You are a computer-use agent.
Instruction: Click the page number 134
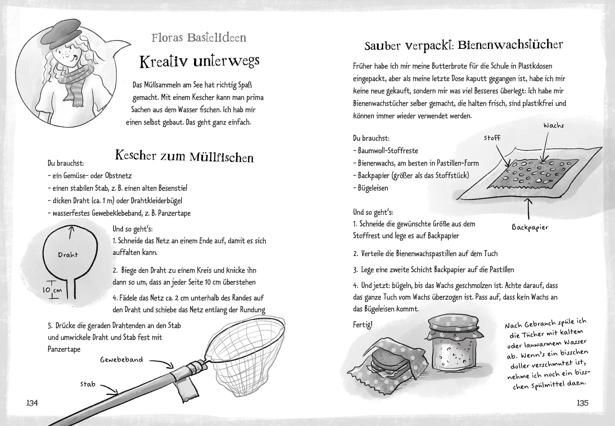(32, 403)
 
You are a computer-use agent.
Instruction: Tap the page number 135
(582, 403)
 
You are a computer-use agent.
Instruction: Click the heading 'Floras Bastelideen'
(199, 38)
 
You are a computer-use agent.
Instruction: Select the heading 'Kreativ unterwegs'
(199, 61)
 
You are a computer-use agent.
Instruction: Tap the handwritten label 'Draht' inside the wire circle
(68, 255)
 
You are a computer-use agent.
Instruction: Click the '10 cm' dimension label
(52, 290)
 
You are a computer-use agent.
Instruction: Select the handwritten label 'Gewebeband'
(122, 360)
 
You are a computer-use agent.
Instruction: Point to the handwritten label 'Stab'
(88, 384)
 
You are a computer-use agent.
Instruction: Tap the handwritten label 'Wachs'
(554, 125)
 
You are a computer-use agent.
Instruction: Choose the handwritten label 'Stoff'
(492, 138)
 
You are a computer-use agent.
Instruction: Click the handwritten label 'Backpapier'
(530, 227)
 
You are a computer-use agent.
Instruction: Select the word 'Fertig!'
(363, 325)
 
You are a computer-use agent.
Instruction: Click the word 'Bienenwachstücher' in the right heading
(510, 45)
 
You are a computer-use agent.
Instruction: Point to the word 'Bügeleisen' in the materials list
(373, 188)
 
